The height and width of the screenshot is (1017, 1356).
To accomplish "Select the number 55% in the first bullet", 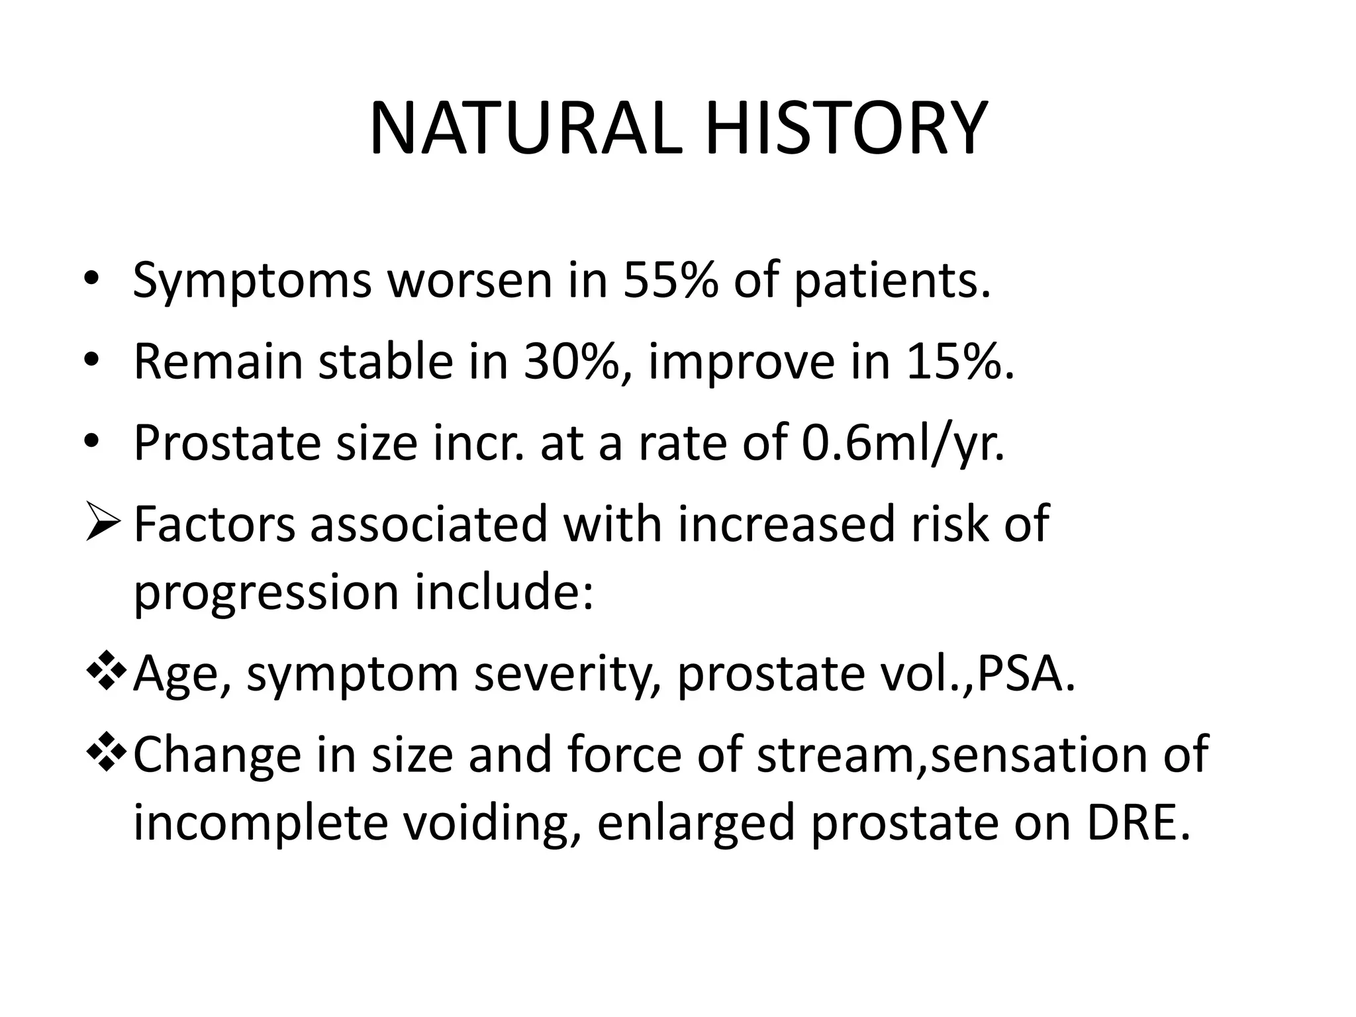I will click(x=669, y=280).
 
